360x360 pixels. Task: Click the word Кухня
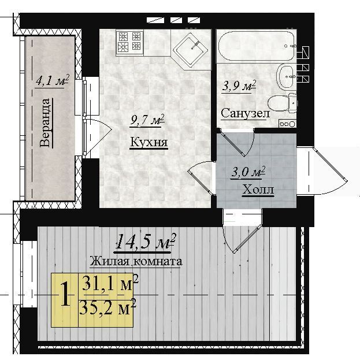(x=149, y=142)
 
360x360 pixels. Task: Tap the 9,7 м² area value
(x=147, y=120)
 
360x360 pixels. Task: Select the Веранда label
(x=44, y=123)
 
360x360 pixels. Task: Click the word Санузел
(x=245, y=113)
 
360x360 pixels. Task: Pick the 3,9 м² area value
(x=239, y=86)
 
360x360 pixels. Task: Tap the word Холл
(x=258, y=190)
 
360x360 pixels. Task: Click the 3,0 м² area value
(x=248, y=172)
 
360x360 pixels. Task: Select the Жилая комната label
(x=136, y=261)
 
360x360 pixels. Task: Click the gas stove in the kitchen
(x=129, y=43)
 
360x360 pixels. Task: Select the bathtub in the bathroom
(x=257, y=46)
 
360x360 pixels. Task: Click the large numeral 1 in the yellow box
(x=65, y=295)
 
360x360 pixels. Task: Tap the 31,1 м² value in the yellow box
(x=110, y=285)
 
